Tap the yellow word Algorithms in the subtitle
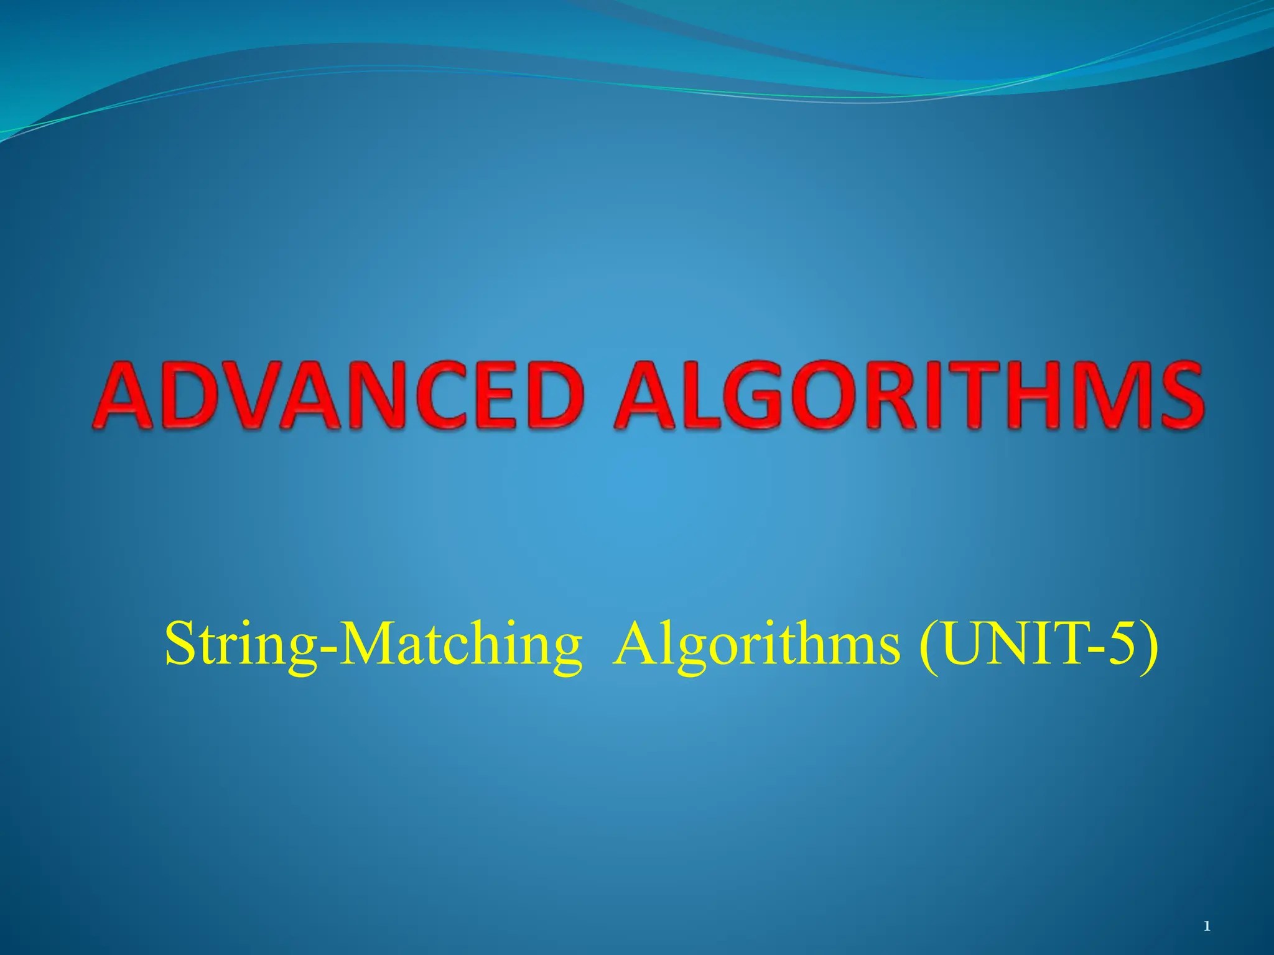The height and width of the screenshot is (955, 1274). (756, 647)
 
